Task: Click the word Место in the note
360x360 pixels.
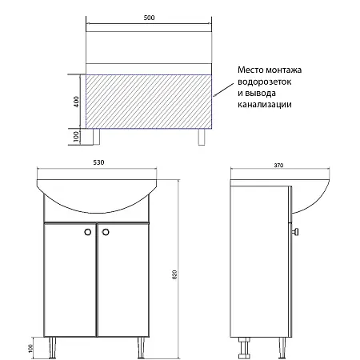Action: point(250,71)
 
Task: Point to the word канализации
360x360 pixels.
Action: point(263,106)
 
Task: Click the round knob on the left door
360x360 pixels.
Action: point(87,231)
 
